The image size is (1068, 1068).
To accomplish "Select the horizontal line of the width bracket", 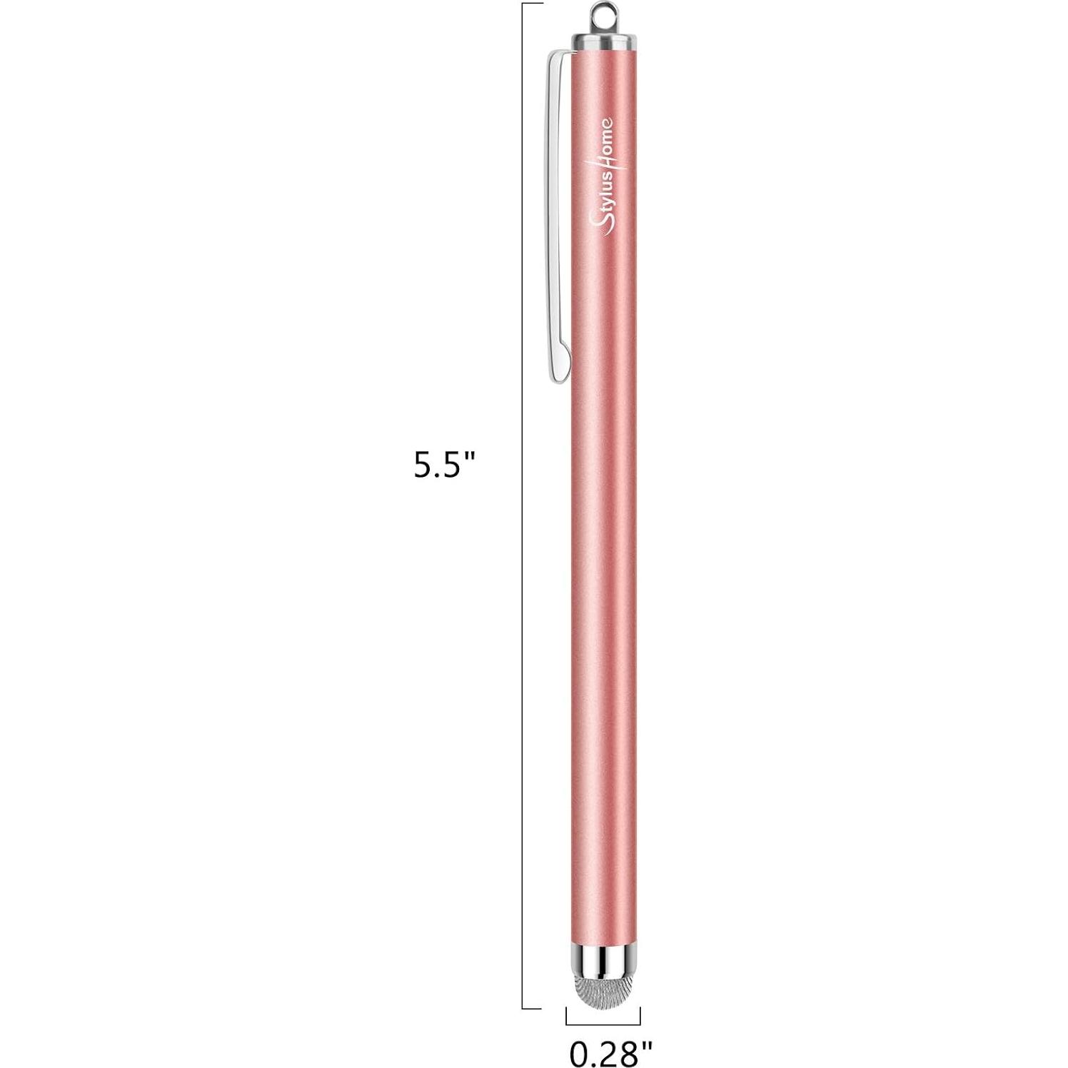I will coord(603,1025).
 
